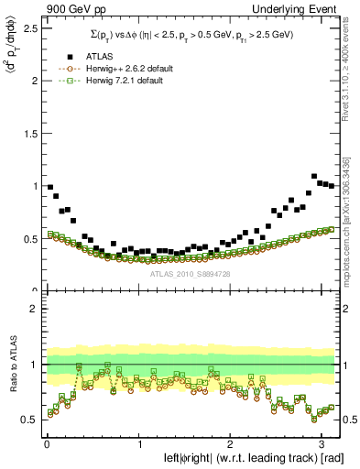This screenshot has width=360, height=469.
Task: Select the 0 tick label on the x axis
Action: pos(46,444)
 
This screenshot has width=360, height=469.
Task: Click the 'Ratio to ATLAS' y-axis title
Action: pos(12,365)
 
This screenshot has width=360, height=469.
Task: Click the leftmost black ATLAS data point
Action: pos(49,187)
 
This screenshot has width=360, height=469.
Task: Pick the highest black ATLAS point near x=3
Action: pos(314,176)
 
